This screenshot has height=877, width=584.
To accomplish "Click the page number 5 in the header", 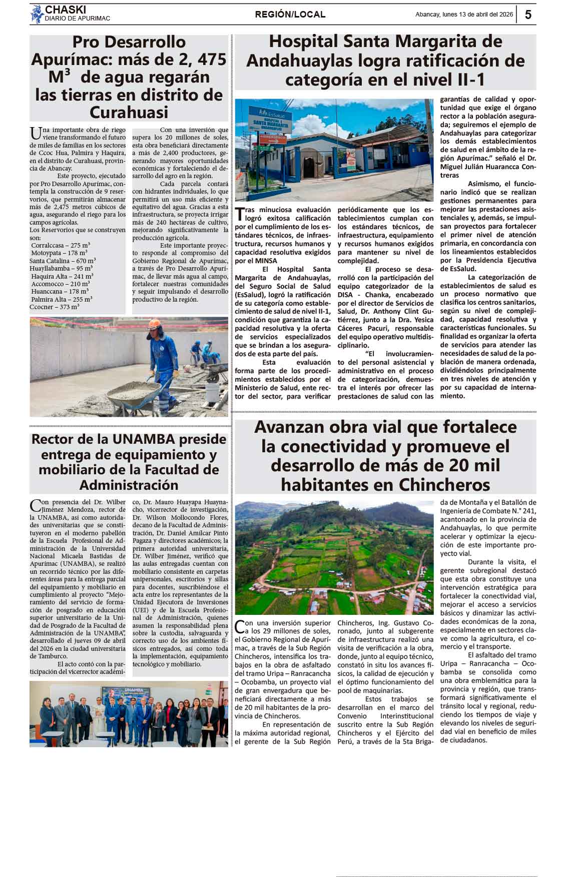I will tap(528, 15).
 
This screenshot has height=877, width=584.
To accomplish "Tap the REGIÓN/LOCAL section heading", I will tap(290, 15).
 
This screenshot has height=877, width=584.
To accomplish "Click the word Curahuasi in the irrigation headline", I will tap(129, 112).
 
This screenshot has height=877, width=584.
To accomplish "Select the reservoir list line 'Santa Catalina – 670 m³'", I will tap(63, 261).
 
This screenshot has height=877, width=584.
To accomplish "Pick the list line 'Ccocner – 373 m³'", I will tap(54, 307).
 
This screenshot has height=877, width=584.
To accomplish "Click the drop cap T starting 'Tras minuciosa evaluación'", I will tap(240, 214).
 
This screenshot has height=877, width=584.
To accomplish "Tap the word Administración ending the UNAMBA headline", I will tap(129, 485).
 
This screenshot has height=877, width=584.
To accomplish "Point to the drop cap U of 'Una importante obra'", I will tap(36, 133).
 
